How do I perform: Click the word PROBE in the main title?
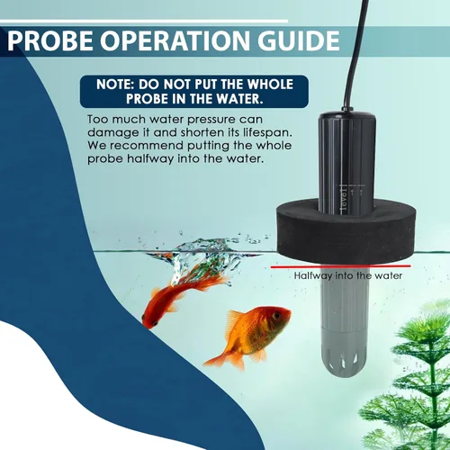coord(50,40)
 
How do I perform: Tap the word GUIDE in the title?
coord(299,40)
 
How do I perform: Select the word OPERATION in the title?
coord(175,40)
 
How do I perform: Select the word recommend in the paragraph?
coord(147,146)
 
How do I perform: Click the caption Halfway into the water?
coord(348,275)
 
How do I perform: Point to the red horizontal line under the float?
coord(341,266)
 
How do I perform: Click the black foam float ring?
coord(346,232)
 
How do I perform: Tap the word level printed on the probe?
coord(343,201)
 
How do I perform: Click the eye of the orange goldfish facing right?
coord(276,316)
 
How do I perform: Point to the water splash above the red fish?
coord(204,250)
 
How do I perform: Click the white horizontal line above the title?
coord(144,21)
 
